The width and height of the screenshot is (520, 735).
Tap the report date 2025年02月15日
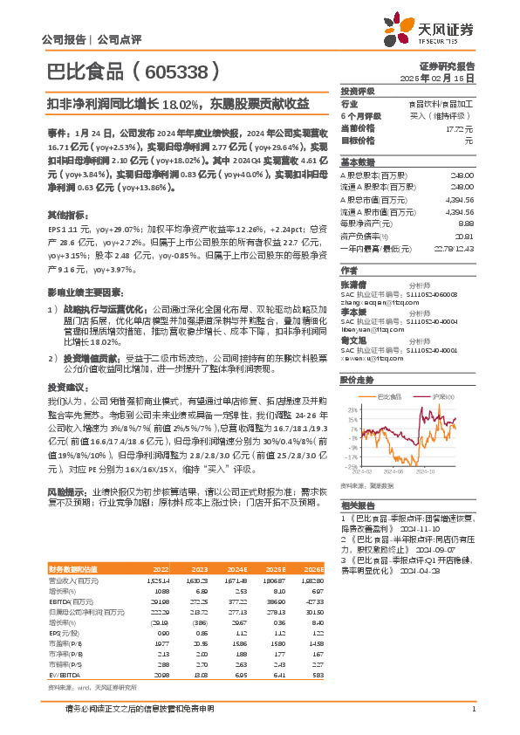pyautogui.click(x=445, y=77)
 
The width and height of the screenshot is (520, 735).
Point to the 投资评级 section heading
pyautogui.click(x=357, y=90)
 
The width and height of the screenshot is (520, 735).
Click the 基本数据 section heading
pyautogui.click(x=357, y=162)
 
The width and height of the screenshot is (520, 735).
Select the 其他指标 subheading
pyautogui.click(x=65, y=213)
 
